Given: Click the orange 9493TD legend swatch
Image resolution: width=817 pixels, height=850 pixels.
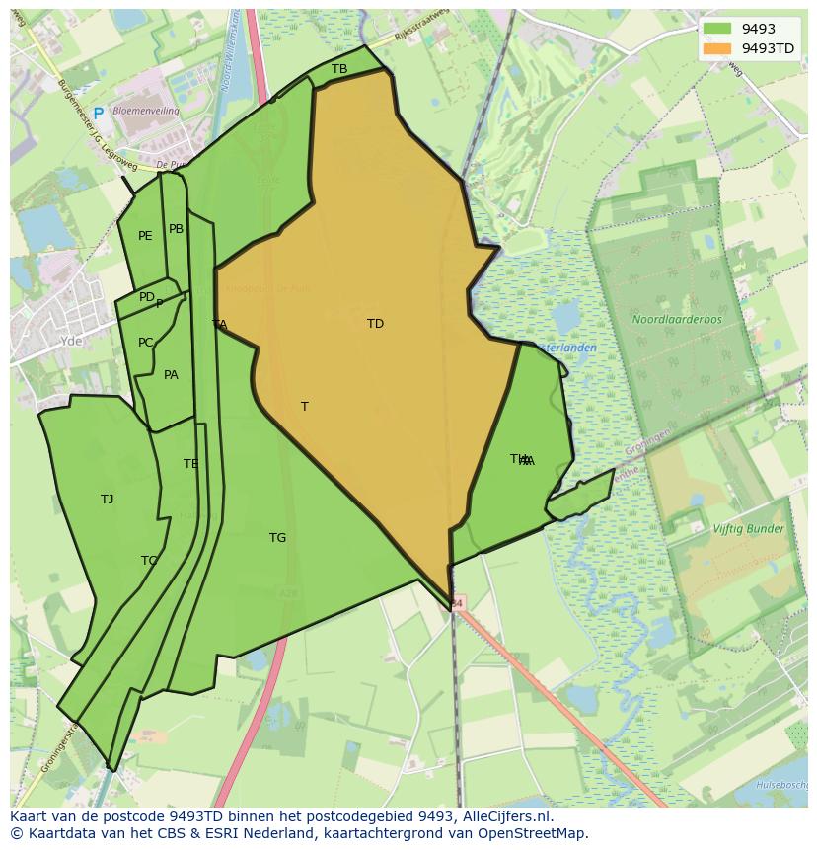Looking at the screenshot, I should [717, 48].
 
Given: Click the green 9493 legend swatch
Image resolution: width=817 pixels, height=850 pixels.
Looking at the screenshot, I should [717, 30].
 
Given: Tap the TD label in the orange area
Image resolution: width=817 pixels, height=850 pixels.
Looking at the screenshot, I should [375, 324].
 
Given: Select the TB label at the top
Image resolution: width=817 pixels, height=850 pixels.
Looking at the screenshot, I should [339, 69].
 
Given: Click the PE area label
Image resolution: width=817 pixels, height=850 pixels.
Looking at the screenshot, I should [145, 236].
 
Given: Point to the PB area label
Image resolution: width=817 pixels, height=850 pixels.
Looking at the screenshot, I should [176, 229].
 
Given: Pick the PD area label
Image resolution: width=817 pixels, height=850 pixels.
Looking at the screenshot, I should [146, 297].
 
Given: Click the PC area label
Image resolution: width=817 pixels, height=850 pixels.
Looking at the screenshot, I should [145, 343].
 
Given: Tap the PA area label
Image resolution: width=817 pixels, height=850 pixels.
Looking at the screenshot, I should [171, 375].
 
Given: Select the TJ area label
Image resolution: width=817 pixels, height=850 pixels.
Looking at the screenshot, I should [107, 500].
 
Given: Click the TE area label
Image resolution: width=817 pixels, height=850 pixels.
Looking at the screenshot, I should [190, 464].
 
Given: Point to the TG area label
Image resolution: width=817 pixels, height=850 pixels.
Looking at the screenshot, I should [277, 538].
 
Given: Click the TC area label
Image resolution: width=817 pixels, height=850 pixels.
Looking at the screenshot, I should [148, 561].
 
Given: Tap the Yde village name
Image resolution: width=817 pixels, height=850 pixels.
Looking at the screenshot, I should [71, 341].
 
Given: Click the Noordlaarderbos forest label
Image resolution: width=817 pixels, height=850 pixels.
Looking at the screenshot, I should [677, 320].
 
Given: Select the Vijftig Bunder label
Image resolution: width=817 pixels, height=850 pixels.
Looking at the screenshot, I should [748, 529].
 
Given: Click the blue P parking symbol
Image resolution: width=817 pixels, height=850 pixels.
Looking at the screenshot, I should [98, 114].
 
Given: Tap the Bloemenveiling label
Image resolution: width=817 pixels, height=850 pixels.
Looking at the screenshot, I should [146, 112].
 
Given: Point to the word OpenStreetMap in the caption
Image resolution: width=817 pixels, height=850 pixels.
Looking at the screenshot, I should [539, 833].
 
